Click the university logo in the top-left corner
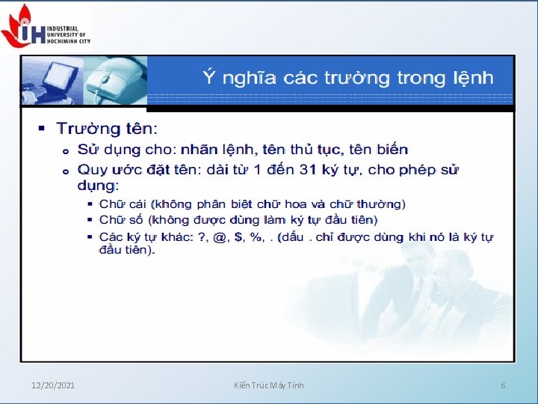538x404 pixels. point(22,25)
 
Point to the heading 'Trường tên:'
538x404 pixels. point(108,129)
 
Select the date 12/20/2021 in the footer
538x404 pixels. point(53,385)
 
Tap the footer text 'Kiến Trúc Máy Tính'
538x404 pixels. point(268,385)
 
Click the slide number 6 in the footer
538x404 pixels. point(503,385)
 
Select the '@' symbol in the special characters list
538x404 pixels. point(220,237)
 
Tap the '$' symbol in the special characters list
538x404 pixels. point(239,237)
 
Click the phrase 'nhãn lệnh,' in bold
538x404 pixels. point(212,150)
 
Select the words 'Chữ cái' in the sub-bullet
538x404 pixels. point(123,203)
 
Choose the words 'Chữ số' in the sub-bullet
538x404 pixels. point(121,220)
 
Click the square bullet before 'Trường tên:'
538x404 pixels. point(43,129)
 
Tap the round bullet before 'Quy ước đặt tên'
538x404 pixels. point(66,171)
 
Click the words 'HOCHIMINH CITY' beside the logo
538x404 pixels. point(68,40)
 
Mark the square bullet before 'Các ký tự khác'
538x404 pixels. point(90,237)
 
